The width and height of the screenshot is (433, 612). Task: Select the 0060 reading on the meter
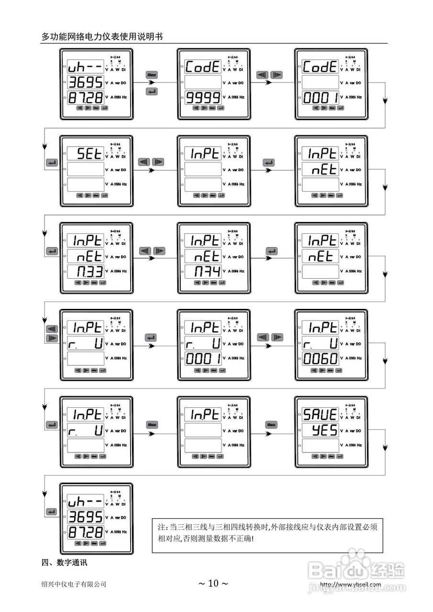(320, 358)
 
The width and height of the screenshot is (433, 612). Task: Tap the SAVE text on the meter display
(320, 414)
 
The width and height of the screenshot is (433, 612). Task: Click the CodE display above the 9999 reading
(203, 67)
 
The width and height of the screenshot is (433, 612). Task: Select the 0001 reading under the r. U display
(203, 358)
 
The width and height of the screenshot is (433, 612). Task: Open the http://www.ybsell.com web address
(350, 584)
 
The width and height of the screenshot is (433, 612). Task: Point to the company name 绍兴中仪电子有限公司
(74, 584)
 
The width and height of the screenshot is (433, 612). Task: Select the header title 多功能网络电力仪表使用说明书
(102, 36)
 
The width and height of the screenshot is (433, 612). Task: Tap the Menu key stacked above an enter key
(152, 75)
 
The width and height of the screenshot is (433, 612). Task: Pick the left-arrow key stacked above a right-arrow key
(51, 329)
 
